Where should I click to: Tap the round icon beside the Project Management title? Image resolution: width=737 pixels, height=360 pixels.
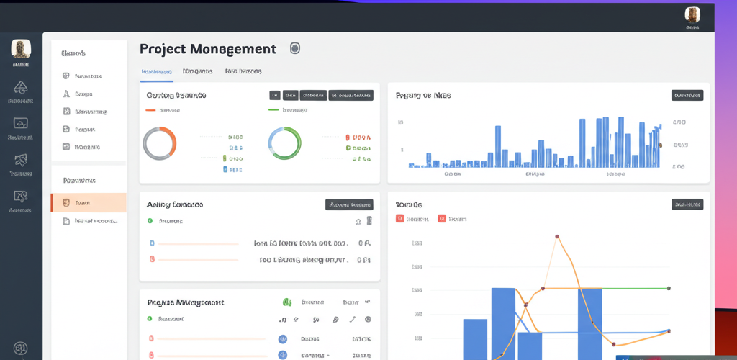point(294,48)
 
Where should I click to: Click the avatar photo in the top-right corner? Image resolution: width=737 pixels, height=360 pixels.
point(692,15)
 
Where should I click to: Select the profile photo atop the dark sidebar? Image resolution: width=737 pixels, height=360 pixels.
point(21,49)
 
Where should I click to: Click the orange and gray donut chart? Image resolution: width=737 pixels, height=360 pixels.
point(160,143)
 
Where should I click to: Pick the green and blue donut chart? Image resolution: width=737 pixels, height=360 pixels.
point(284,143)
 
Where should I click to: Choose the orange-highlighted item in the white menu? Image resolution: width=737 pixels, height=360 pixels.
point(89,203)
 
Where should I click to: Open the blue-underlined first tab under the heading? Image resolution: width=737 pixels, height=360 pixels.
point(156,72)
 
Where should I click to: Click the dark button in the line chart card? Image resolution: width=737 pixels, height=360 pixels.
point(687,204)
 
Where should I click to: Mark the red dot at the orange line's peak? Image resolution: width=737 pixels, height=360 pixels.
point(557,236)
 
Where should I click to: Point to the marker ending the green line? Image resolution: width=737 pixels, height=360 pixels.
point(669,288)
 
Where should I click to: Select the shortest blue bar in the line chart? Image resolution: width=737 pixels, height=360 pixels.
point(529,346)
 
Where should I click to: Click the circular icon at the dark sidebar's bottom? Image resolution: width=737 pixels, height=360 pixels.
point(21,348)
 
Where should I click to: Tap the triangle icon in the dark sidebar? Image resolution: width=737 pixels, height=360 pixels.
point(21,88)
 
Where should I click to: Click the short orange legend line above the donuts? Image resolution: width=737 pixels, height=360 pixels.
point(150,110)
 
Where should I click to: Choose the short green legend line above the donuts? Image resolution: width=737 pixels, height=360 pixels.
point(273,110)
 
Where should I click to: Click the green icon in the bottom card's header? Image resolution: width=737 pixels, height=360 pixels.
point(286,302)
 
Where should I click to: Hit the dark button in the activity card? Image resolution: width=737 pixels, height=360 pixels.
point(349,204)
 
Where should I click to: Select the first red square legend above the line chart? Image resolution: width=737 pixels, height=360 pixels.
point(399,218)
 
